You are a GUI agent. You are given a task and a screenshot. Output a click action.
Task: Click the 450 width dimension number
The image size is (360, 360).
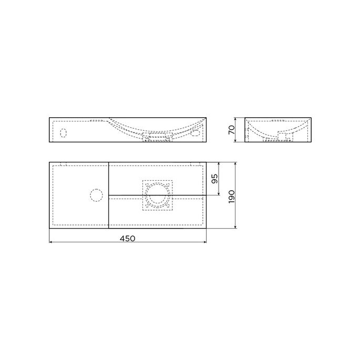[128, 238]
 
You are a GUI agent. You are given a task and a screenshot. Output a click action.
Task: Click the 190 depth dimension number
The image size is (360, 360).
[231, 196]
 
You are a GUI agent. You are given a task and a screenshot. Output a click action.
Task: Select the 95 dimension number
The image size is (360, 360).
[214, 179]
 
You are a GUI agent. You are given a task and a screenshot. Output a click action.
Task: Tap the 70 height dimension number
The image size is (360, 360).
[232, 129]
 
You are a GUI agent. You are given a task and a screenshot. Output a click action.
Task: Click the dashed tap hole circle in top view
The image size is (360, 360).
[96, 196]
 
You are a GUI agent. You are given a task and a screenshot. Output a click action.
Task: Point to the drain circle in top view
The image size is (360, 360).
[157, 196]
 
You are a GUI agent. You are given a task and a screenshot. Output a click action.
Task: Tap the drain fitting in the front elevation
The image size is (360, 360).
[158, 138]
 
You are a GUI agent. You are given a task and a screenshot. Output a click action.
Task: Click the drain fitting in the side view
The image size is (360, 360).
[286, 137]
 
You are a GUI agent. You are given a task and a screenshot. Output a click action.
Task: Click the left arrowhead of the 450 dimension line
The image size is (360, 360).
[51, 243]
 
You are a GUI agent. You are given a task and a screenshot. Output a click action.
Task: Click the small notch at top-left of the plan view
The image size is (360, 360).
[64, 164]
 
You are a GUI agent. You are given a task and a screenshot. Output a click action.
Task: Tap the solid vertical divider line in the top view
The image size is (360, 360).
[108, 196]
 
